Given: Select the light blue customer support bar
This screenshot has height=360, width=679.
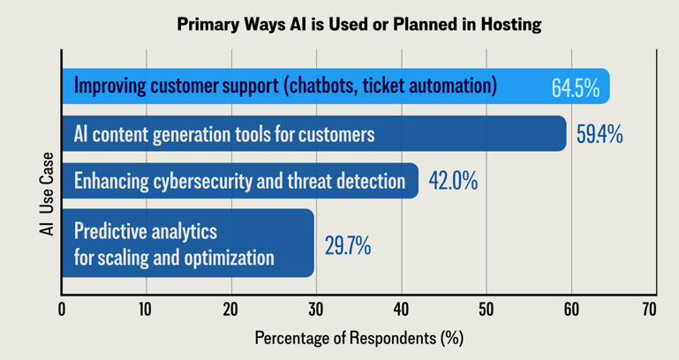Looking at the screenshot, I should pos(336,86).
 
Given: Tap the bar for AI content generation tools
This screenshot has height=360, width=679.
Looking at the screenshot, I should pos(313,134).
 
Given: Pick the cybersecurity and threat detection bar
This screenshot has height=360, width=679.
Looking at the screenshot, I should pos(239,181).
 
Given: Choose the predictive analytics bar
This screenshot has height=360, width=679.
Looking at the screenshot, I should pos(187,243).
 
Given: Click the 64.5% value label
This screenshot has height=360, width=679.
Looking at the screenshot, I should pos(575,88).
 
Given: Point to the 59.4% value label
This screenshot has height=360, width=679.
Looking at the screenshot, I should pos(600,135).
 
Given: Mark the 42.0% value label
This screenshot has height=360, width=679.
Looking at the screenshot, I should pos(453,182).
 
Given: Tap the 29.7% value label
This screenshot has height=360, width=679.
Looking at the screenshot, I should pos(347,245).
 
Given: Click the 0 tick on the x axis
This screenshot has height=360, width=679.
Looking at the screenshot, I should pos(62,310).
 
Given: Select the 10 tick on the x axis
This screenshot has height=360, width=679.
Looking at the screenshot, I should pos(146,310).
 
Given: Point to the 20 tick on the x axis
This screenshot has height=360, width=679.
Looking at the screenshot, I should pos(230,310).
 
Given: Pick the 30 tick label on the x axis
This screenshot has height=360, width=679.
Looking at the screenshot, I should pos(316,310).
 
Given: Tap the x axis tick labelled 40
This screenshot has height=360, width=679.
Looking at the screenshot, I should pos(401,310).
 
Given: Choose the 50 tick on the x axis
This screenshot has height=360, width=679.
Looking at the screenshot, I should pos(486,310).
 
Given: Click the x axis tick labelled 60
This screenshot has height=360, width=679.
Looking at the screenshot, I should pos(571,310).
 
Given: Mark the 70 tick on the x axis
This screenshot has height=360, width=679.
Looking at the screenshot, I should pos(650,310).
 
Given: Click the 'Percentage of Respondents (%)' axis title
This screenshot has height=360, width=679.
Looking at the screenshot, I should pos(358,338).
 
